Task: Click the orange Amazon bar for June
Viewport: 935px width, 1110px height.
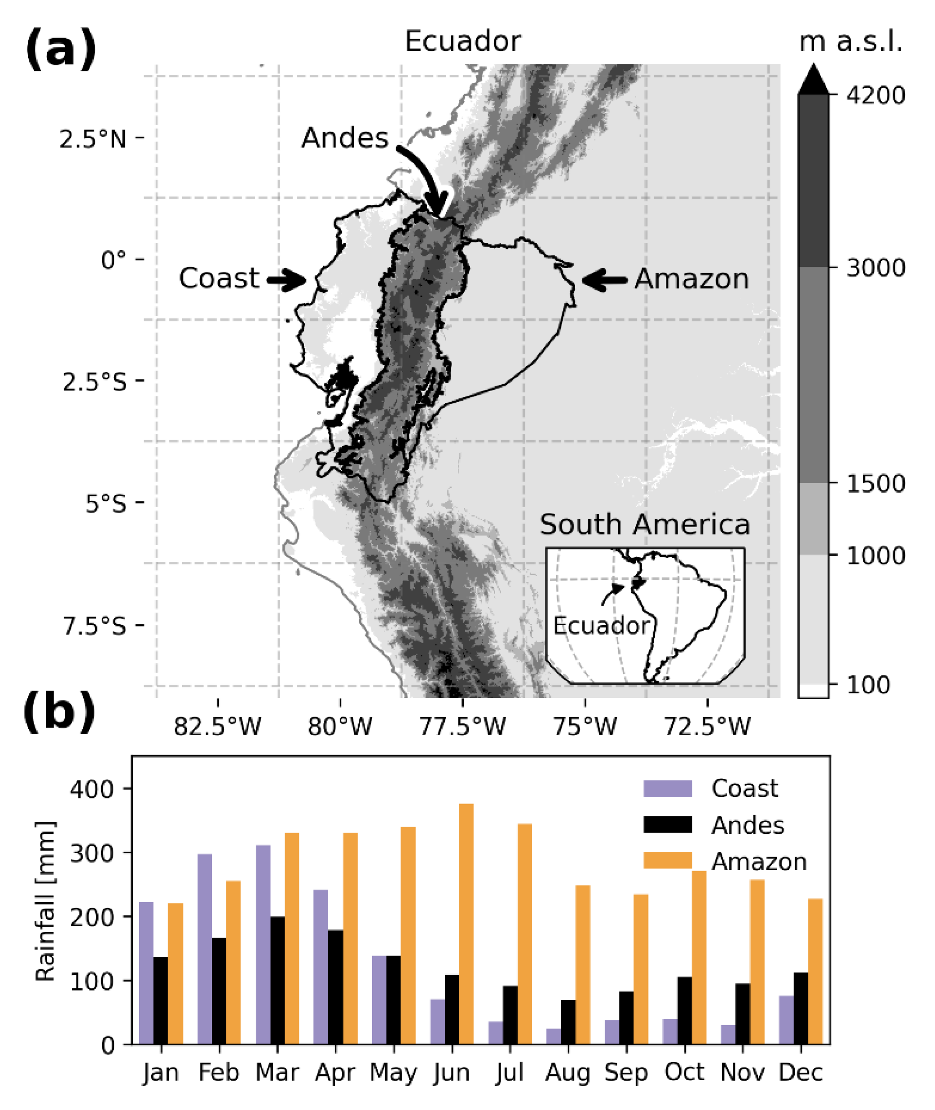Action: point(466,924)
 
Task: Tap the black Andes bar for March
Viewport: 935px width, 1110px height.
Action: point(277,981)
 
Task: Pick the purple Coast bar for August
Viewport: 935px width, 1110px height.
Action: point(553,1036)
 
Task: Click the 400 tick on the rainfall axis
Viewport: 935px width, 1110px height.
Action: point(91,789)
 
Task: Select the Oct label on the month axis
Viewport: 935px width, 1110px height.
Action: point(684,1072)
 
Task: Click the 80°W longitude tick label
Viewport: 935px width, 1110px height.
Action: point(340,726)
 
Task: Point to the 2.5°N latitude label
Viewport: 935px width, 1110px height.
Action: point(93,139)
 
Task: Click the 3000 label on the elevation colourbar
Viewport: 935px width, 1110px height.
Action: point(875,268)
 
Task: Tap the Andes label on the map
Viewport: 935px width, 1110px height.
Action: point(345,138)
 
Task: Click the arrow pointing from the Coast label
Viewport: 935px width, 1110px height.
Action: point(287,280)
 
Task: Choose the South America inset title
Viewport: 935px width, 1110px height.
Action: point(644,525)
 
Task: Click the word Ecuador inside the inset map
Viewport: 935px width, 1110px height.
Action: point(601,626)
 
